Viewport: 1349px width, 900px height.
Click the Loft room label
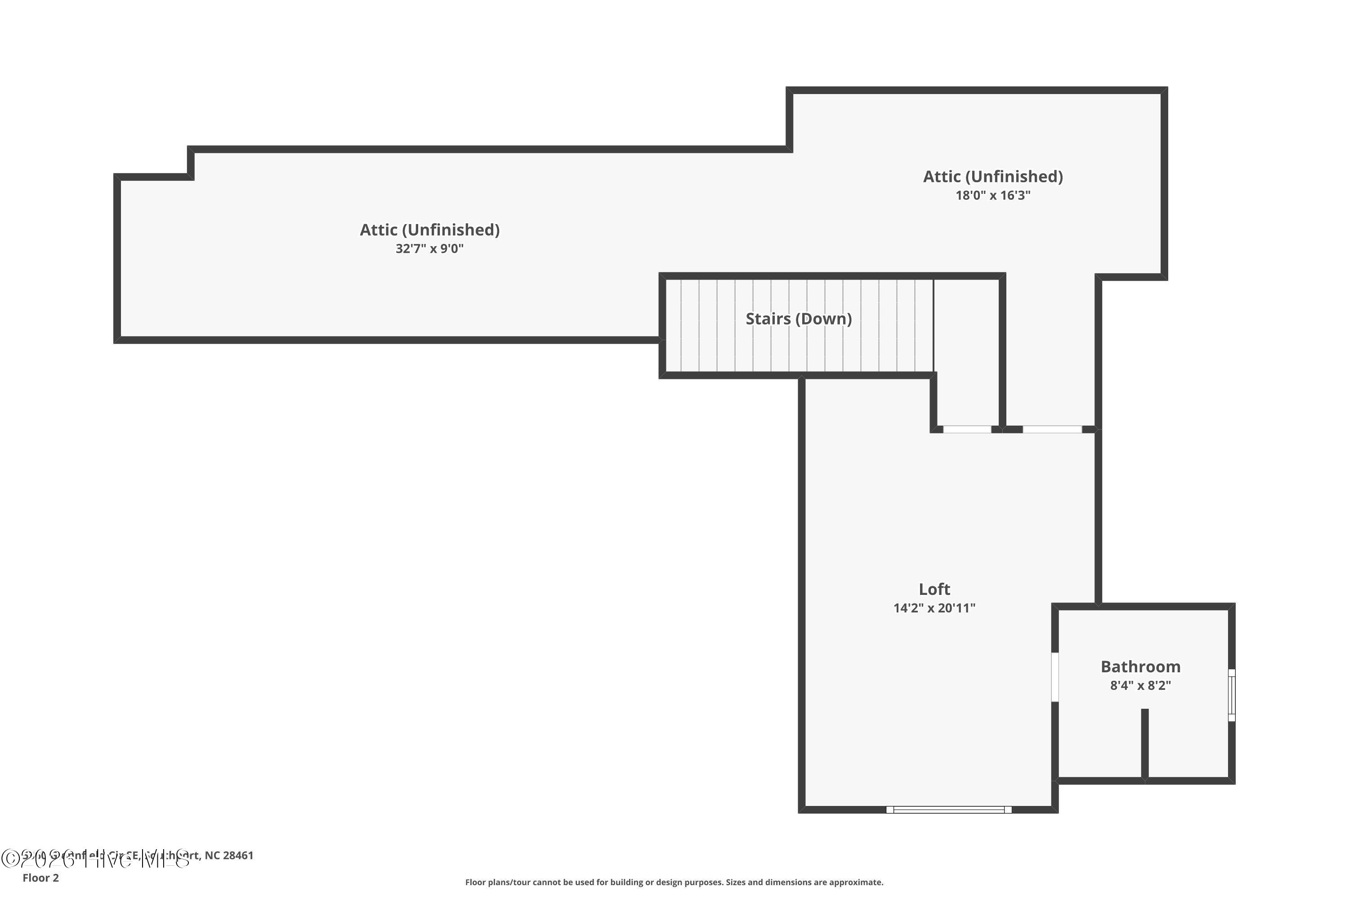click(934, 589)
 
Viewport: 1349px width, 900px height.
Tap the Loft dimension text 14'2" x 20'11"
click(934, 608)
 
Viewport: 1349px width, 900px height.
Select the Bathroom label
click(1140, 666)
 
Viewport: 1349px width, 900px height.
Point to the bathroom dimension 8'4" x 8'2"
click(1140, 685)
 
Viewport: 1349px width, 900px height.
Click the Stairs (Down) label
click(799, 319)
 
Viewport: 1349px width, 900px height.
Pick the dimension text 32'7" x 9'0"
click(429, 248)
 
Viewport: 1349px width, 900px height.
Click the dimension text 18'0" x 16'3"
click(993, 195)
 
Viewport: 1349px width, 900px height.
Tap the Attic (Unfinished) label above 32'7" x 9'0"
click(429, 229)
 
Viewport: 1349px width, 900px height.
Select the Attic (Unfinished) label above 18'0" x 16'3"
click(993, 176)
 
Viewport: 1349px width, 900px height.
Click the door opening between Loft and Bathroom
click(1054, 677)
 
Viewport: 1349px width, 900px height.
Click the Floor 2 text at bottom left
click(41, 877)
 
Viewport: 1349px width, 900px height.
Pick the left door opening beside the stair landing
click(967, 429)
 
